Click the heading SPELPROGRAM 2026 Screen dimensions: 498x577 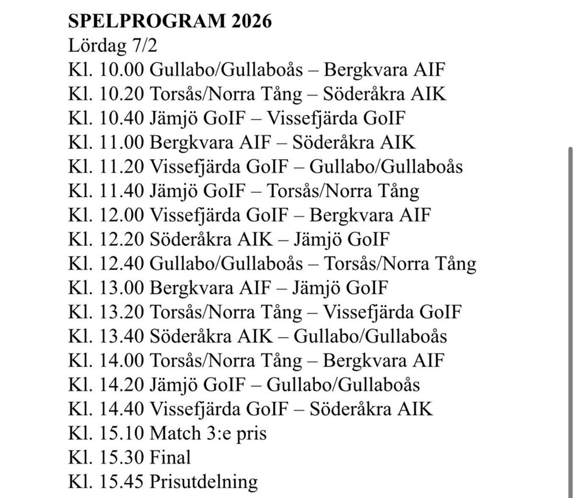pos(170,22)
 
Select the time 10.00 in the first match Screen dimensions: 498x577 pos(123,70)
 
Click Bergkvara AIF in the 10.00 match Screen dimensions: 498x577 pos(384,70)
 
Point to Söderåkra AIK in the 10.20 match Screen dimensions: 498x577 pos(385,94)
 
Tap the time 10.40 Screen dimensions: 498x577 pos(123,118)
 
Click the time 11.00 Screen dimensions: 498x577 pos(123,142)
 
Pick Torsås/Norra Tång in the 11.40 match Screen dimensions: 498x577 pos(343,191)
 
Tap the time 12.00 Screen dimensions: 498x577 pos(123,215)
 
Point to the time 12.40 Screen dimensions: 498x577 pos(123,264)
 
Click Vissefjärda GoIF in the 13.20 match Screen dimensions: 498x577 pos(392,312)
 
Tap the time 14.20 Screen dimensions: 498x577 pos(123,384)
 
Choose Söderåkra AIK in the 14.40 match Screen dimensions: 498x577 pos(371,409)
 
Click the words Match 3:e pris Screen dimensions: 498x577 pos(208,433)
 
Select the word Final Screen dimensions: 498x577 pos(170,457)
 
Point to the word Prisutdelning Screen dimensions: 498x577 pos(204,481)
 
